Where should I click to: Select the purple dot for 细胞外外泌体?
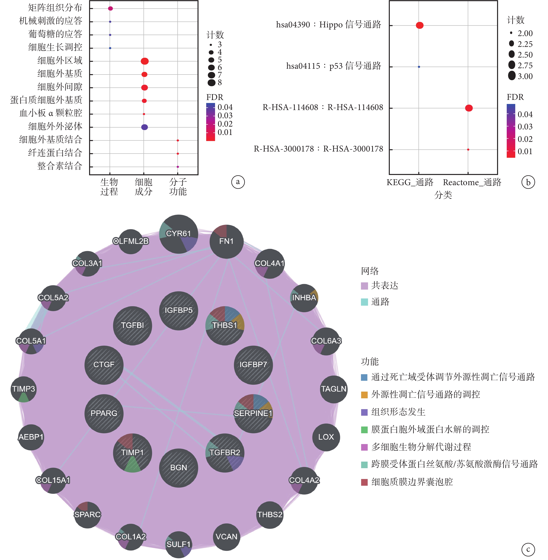(144, 127)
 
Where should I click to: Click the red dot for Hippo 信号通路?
(420, 25)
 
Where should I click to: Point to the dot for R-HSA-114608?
(469, 108)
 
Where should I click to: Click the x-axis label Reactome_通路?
(472, 183)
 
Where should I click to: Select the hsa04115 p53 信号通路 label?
(333, 66)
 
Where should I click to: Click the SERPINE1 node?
(253, 413)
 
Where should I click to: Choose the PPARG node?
(104, 413)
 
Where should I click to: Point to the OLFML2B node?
(131, 241)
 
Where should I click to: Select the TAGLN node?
(334, 389)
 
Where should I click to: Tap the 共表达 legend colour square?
(364, 286)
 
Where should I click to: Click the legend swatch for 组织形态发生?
(364, 412)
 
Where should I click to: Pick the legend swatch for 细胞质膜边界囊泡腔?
(364, 482)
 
